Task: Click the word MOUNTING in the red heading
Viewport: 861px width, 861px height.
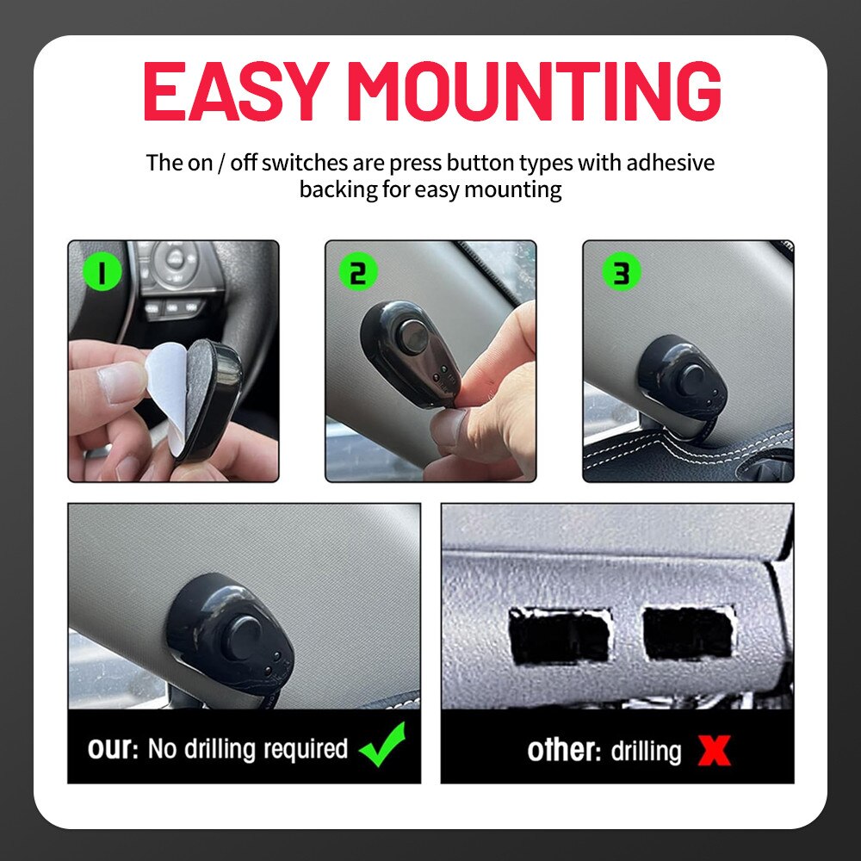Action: (534, 90)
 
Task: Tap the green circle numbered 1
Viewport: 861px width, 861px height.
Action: (102, 272)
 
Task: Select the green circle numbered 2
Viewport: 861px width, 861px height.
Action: (357, 272)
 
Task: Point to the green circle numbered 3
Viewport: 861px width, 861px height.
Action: (622, 272)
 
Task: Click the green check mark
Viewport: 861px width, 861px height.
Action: (382, 745)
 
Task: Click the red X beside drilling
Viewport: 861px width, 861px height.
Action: (715, 750)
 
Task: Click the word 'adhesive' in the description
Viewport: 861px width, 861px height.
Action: (671, 163)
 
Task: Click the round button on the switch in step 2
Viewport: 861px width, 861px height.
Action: (413, 336)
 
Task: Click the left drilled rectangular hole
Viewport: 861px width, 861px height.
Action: (561, 636)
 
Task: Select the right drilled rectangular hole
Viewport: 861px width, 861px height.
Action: (689, 633)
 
